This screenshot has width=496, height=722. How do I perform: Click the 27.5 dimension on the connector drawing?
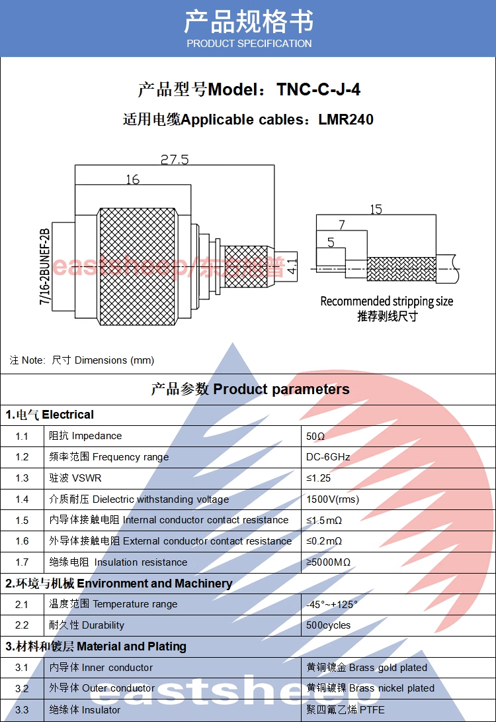coord(175,160)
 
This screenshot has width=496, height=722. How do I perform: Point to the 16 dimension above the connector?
coord(132,180)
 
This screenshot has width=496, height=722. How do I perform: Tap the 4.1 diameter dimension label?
coord(293,265)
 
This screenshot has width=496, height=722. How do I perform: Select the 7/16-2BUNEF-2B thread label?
coord(45,267)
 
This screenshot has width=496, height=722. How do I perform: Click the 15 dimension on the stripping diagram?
coord(376,209)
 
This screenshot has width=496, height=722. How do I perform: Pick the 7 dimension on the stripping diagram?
coord(341,225)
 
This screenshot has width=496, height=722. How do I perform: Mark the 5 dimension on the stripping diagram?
coord(331,242)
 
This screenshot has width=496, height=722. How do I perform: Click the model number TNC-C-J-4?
coord(319,90)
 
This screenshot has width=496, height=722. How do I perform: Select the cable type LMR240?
coord(346,120)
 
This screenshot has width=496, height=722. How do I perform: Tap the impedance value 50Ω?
coord(315,437)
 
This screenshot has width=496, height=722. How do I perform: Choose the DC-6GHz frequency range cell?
coord(328,457)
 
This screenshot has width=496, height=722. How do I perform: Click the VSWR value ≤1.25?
coord(318,478)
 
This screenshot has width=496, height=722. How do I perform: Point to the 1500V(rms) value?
coord(333,499)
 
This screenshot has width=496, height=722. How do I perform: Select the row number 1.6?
coord(22,541)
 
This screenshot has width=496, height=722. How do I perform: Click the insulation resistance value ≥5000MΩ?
coord(328,562)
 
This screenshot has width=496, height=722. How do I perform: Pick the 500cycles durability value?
coord(329,625)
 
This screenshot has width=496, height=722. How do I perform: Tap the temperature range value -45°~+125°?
coord(332,604)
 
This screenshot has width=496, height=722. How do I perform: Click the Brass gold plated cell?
coord(367,668)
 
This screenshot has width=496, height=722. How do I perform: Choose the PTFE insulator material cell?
coord(345,709)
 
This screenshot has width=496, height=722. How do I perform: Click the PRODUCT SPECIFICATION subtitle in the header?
coord(249,44)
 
